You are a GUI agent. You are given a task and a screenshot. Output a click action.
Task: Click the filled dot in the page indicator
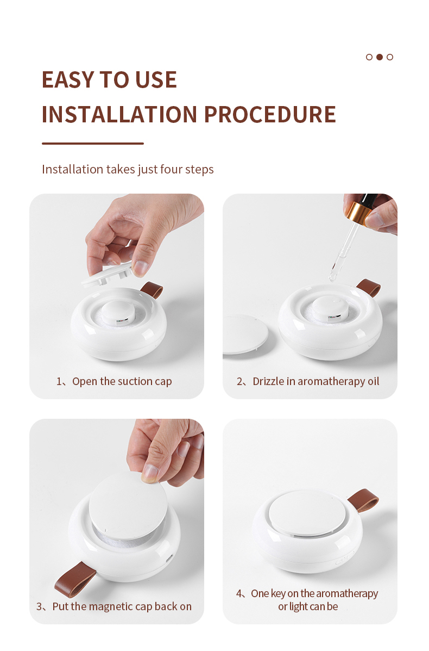tap(379, 57)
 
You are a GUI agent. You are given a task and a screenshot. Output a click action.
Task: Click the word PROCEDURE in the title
tap(270, 115)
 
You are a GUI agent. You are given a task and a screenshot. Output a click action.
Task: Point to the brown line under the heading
tap(93, 143)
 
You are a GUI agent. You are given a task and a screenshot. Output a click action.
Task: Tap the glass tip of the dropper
tap(333, 276)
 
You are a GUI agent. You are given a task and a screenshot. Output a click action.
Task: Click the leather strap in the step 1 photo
tap(152, 289)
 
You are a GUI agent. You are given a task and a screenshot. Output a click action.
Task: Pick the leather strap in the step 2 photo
tap(369, 287)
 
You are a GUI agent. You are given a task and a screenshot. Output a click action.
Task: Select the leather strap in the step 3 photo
tap(75, 579)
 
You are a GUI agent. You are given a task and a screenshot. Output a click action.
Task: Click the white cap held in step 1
tap(108, 276)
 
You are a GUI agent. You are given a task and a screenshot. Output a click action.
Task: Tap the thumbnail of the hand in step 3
tap(150, 473)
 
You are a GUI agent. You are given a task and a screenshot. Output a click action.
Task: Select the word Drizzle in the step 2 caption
tap(268, 381)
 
